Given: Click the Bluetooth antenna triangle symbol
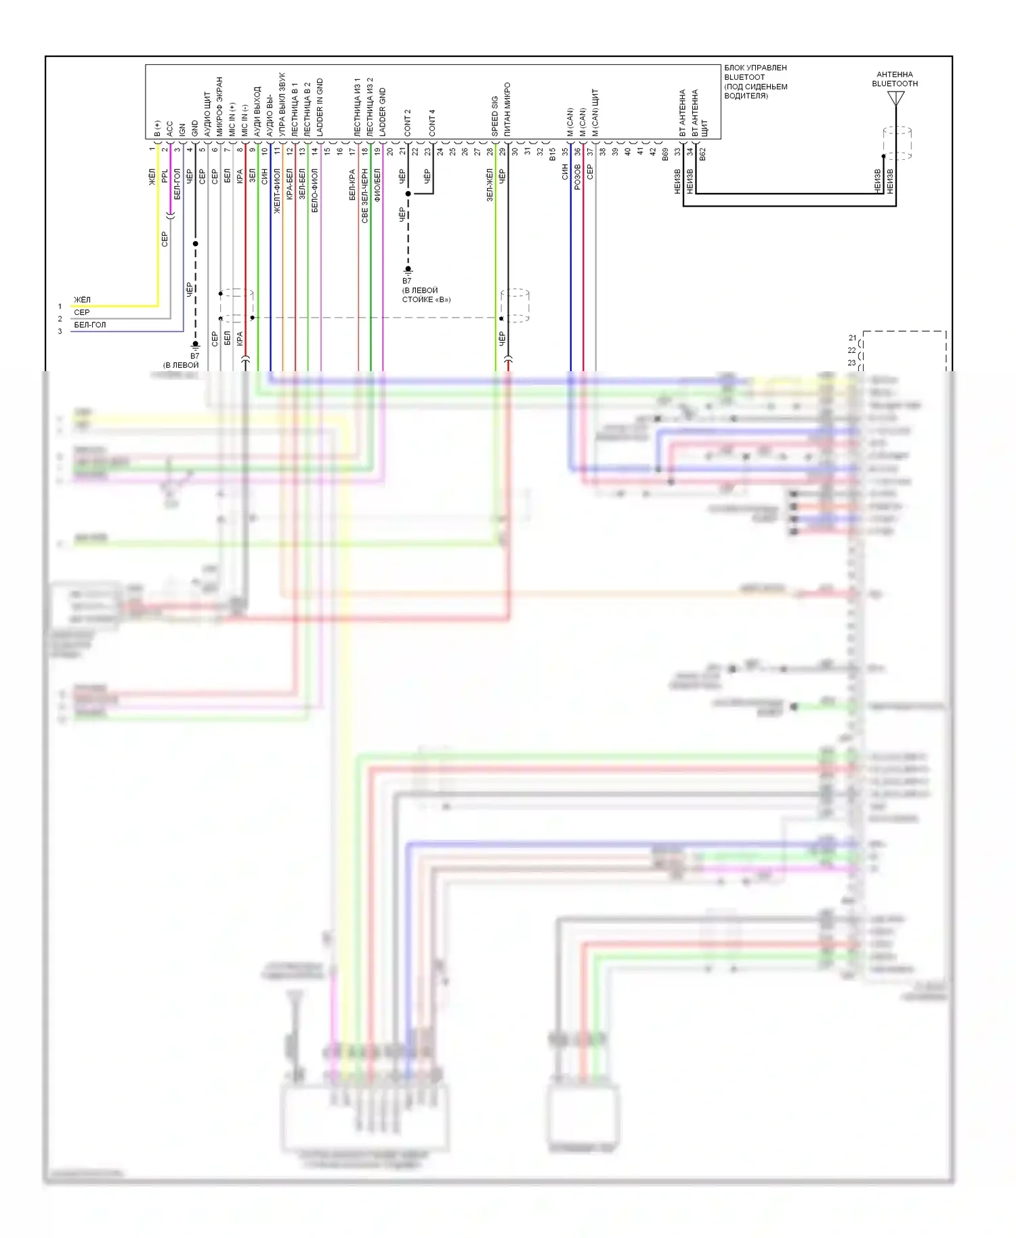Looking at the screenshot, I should [895, 99].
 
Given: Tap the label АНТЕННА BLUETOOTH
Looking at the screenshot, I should [895, 79].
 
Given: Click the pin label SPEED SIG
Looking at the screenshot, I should [495, 116].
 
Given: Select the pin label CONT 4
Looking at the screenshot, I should [432, 123].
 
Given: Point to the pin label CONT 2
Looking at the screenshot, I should [408, 123].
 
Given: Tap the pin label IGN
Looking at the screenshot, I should [182, 130].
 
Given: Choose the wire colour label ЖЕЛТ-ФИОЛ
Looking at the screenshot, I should [277, 192].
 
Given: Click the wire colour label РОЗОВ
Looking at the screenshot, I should [578, 176].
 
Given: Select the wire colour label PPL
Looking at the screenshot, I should [165, 176].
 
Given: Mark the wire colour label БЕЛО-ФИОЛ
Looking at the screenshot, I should [315, 190].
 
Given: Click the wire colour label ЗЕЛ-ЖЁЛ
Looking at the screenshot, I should [490, 185].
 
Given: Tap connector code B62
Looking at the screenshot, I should [702, 154].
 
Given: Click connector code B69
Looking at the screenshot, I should [665, 154].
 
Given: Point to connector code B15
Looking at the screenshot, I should [553, 154].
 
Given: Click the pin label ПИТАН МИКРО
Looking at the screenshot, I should [507, 110].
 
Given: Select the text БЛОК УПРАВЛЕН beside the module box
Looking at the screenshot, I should [755, 68].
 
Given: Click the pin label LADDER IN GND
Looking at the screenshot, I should [320, 108].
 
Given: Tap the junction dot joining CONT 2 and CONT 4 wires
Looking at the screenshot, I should [408, 194].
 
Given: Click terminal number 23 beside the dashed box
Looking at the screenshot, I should [852, 363].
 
